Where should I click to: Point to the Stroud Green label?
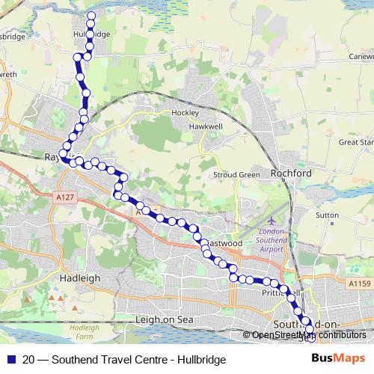click(238, 175)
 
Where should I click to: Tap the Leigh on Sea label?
click(164, 319)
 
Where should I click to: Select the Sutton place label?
click(328, 214)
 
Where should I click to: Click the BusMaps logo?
click(338, 359)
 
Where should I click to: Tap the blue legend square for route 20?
click(10, 360)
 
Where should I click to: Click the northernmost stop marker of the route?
click(91, 16)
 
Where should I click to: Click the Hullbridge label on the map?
click(91, 34)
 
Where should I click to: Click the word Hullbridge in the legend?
click(200, 360)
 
